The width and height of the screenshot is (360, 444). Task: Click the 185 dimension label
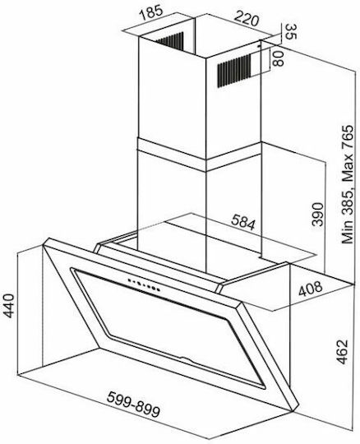(x=151, y=12)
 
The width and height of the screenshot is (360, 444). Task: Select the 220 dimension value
(x=247, y=19)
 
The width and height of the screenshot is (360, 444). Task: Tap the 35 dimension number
(x=290, y=31)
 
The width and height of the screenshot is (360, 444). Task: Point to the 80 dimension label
(x=278, y=58)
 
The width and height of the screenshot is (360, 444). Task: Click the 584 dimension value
(x=243, y=222)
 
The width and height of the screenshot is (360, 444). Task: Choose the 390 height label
(x=317, y=214)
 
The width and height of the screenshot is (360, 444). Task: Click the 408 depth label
(x=311, y=289)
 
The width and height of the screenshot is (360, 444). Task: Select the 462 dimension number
(x=342, y=352)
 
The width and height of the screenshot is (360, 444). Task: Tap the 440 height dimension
(x=9, y=306)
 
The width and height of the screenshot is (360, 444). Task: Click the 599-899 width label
(x=133, y=405)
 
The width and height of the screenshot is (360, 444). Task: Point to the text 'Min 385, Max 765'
(x=348, y=184)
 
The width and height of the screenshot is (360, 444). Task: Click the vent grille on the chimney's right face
(x=233, y=71)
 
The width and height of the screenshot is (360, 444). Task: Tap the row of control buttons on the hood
(x=144, y=284)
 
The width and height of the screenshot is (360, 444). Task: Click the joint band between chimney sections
(x=199, y=155)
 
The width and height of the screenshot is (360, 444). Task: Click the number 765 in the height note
(x=348, y=136)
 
